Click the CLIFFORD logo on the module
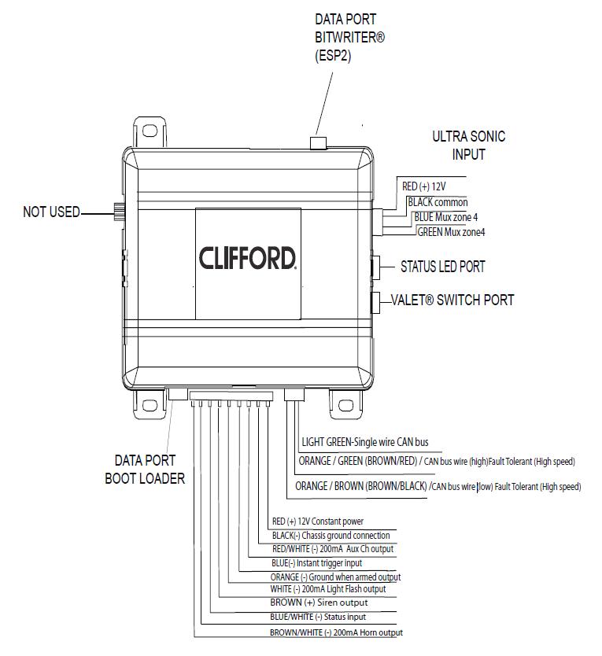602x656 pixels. pos(247,258)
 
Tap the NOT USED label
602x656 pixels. pos(51,212)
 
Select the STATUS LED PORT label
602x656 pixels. pos(443,267)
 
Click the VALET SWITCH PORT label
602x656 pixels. pos(452,300)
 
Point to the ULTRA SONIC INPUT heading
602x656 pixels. pos(468,146)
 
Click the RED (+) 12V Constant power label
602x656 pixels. pos(318,521)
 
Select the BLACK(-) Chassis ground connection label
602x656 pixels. pos(331,536)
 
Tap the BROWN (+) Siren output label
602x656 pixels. pos(319,603)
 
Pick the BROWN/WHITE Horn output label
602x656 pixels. pos(336,632)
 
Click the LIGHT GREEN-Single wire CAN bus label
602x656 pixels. pos(365,442)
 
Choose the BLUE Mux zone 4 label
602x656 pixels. pos(446,217)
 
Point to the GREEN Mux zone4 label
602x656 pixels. pos(451,232)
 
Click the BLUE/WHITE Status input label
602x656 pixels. pos(318,617)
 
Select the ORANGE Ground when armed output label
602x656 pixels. pos(335,577)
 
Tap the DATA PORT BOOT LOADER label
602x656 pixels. pos(145,470)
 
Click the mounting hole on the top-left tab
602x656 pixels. pos(150,131)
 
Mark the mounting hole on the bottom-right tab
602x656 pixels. pos(345,405)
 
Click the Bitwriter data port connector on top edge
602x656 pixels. pos(318,142)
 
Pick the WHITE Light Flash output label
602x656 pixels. pos(328,589)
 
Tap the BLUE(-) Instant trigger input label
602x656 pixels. pos(316,563)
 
